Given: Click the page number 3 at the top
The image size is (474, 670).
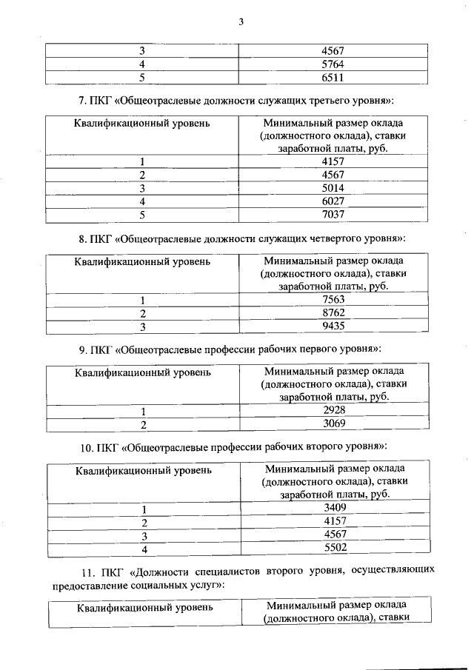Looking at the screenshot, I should tap(241, 21).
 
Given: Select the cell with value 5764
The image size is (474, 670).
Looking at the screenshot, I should tap(334, 64).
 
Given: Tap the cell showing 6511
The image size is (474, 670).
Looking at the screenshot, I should tap(334, 77).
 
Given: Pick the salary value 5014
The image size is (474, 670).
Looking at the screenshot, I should tap(334, 188).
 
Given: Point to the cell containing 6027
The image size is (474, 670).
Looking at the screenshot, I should tap(334, 201).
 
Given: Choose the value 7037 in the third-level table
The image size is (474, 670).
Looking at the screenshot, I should tap(334, 215).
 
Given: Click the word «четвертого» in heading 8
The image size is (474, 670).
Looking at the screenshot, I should tap(330, 239).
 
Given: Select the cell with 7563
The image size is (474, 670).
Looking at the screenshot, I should tap(334, 300).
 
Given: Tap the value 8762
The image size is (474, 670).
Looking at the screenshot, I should tap(334, 313).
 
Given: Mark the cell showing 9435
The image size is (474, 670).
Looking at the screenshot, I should tap(334, 326).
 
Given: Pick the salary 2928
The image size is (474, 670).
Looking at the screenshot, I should tap(334, 411).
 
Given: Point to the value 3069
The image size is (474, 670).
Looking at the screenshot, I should tap(334, 424).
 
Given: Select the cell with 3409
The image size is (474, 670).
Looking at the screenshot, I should tap(334, 509).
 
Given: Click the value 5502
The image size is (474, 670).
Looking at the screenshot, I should tap(334, 549).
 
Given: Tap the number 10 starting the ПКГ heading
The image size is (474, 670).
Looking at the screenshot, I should tap(86, 448).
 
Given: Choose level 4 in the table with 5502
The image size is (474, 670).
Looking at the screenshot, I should tap(144, 549).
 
